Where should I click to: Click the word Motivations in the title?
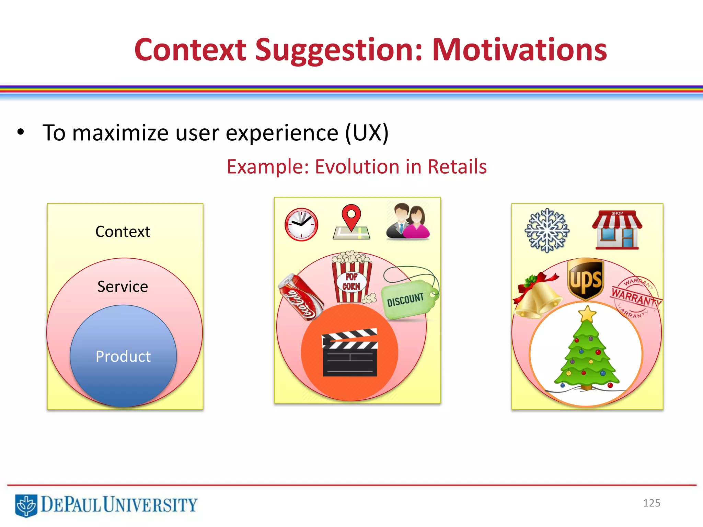519,50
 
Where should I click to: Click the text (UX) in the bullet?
367,133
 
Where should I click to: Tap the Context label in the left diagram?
123,232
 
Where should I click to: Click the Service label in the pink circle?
123,286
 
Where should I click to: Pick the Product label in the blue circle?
123,356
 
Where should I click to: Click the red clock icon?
301,224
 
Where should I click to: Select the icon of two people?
407,221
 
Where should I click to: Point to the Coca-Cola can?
301,297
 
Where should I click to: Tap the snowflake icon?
547,230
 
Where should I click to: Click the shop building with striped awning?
617,230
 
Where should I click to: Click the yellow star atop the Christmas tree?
587,314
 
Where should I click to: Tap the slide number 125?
651,503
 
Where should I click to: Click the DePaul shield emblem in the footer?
26,505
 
